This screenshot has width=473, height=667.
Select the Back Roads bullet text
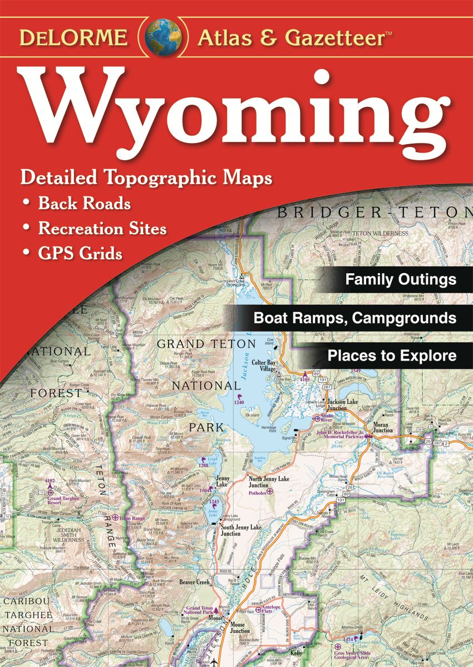84,204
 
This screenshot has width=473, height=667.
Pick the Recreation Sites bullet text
102,229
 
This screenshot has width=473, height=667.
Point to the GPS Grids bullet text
80,254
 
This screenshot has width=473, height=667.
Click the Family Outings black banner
400,279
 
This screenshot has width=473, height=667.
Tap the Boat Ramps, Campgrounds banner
354,318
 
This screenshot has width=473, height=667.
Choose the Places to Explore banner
391,355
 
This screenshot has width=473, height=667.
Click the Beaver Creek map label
194,582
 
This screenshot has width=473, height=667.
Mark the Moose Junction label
240,628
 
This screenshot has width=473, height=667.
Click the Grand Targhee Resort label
62,498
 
